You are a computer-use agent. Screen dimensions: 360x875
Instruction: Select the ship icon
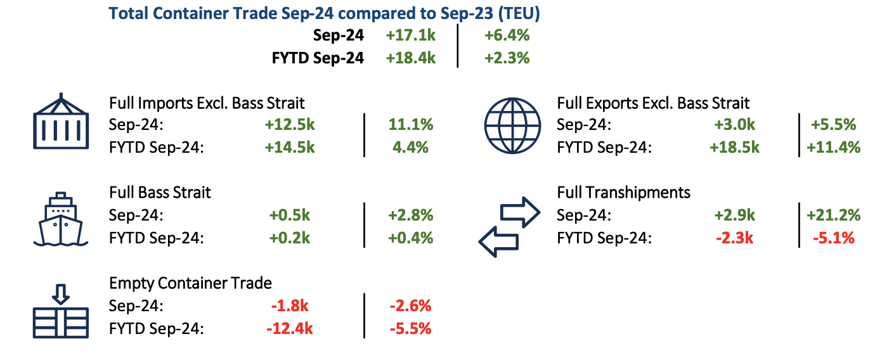(x=61, y=219)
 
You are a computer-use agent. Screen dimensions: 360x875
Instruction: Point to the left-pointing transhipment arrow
(x=498, y=241)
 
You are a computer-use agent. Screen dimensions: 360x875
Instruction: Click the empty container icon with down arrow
(x=61, y=310)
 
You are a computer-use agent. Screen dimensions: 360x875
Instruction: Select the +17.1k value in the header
(x=410, y=35)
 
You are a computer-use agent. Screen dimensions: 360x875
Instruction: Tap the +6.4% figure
(x=507, y=35)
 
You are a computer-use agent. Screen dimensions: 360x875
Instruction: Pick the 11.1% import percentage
(x=410, y=124)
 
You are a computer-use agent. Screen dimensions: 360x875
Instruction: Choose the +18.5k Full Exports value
(x=734, y=148)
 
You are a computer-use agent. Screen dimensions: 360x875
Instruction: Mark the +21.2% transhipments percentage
(x=833, y=215)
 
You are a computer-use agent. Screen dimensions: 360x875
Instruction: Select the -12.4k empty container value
(x=291, y=329)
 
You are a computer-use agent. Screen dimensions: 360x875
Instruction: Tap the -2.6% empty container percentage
(x=410, y=305)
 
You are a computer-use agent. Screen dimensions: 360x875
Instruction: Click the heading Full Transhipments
(x=623, y=192)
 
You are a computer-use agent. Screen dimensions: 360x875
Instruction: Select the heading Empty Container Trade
(x=190, y=283)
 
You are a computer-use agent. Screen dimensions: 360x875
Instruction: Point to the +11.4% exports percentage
(x=833, y=148)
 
